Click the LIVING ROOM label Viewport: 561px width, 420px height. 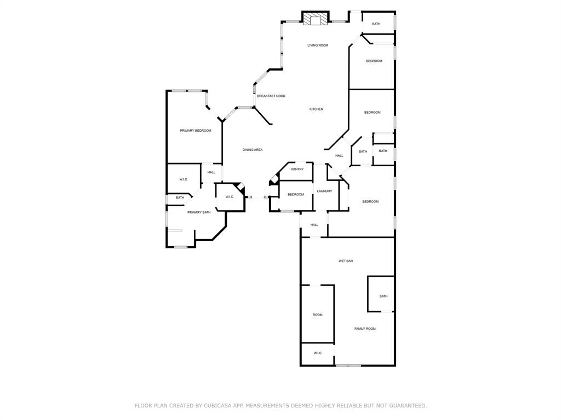click(317, 45)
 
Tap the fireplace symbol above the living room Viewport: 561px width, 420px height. click(315, 20)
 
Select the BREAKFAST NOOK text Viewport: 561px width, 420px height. click(271, 96)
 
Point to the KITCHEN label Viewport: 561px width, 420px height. click(316, 109)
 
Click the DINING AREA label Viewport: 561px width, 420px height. click(253, 150)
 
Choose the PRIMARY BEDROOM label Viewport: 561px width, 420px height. click(196, 131)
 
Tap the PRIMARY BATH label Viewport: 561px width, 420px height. click(199, 212)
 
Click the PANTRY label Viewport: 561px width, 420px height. click(297, 170)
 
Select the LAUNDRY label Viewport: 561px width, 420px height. click(324, 191)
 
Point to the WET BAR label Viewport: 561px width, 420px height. click(346, 261)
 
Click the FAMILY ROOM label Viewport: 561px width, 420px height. click(365, 329)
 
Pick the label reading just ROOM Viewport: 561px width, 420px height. click(317, 315)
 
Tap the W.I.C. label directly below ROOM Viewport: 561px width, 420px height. click(318, 353)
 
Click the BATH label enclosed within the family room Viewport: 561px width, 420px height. click(383, 296)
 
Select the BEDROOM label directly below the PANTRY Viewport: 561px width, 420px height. click(296, 195)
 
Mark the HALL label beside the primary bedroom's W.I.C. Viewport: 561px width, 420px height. click(211, 173)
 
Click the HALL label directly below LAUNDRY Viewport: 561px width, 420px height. click(314, 225)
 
